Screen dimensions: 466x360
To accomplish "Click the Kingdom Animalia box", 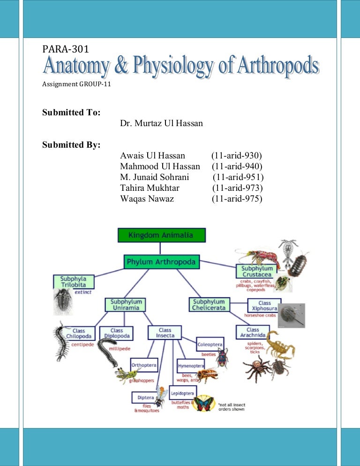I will click(x=161, y=235).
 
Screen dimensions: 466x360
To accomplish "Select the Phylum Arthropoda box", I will click(x=162, y=262).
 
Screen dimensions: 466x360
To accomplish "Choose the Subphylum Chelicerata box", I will click(x=209, y=304).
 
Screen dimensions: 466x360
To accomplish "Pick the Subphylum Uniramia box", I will click(x=125, y=304).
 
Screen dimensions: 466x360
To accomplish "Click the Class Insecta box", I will click(x=165, y=333).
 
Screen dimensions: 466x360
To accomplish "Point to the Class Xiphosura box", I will click(x=263, y=306).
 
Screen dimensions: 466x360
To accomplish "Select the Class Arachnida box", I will click(x=253, y=333).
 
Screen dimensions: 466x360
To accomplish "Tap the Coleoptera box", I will click(x=210, y=345).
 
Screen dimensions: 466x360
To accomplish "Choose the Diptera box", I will click(x=145, y=398).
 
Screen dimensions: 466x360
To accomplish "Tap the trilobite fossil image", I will click(x=62, y=301).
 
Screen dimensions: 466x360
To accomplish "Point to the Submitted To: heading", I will click(x=70, y=112).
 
